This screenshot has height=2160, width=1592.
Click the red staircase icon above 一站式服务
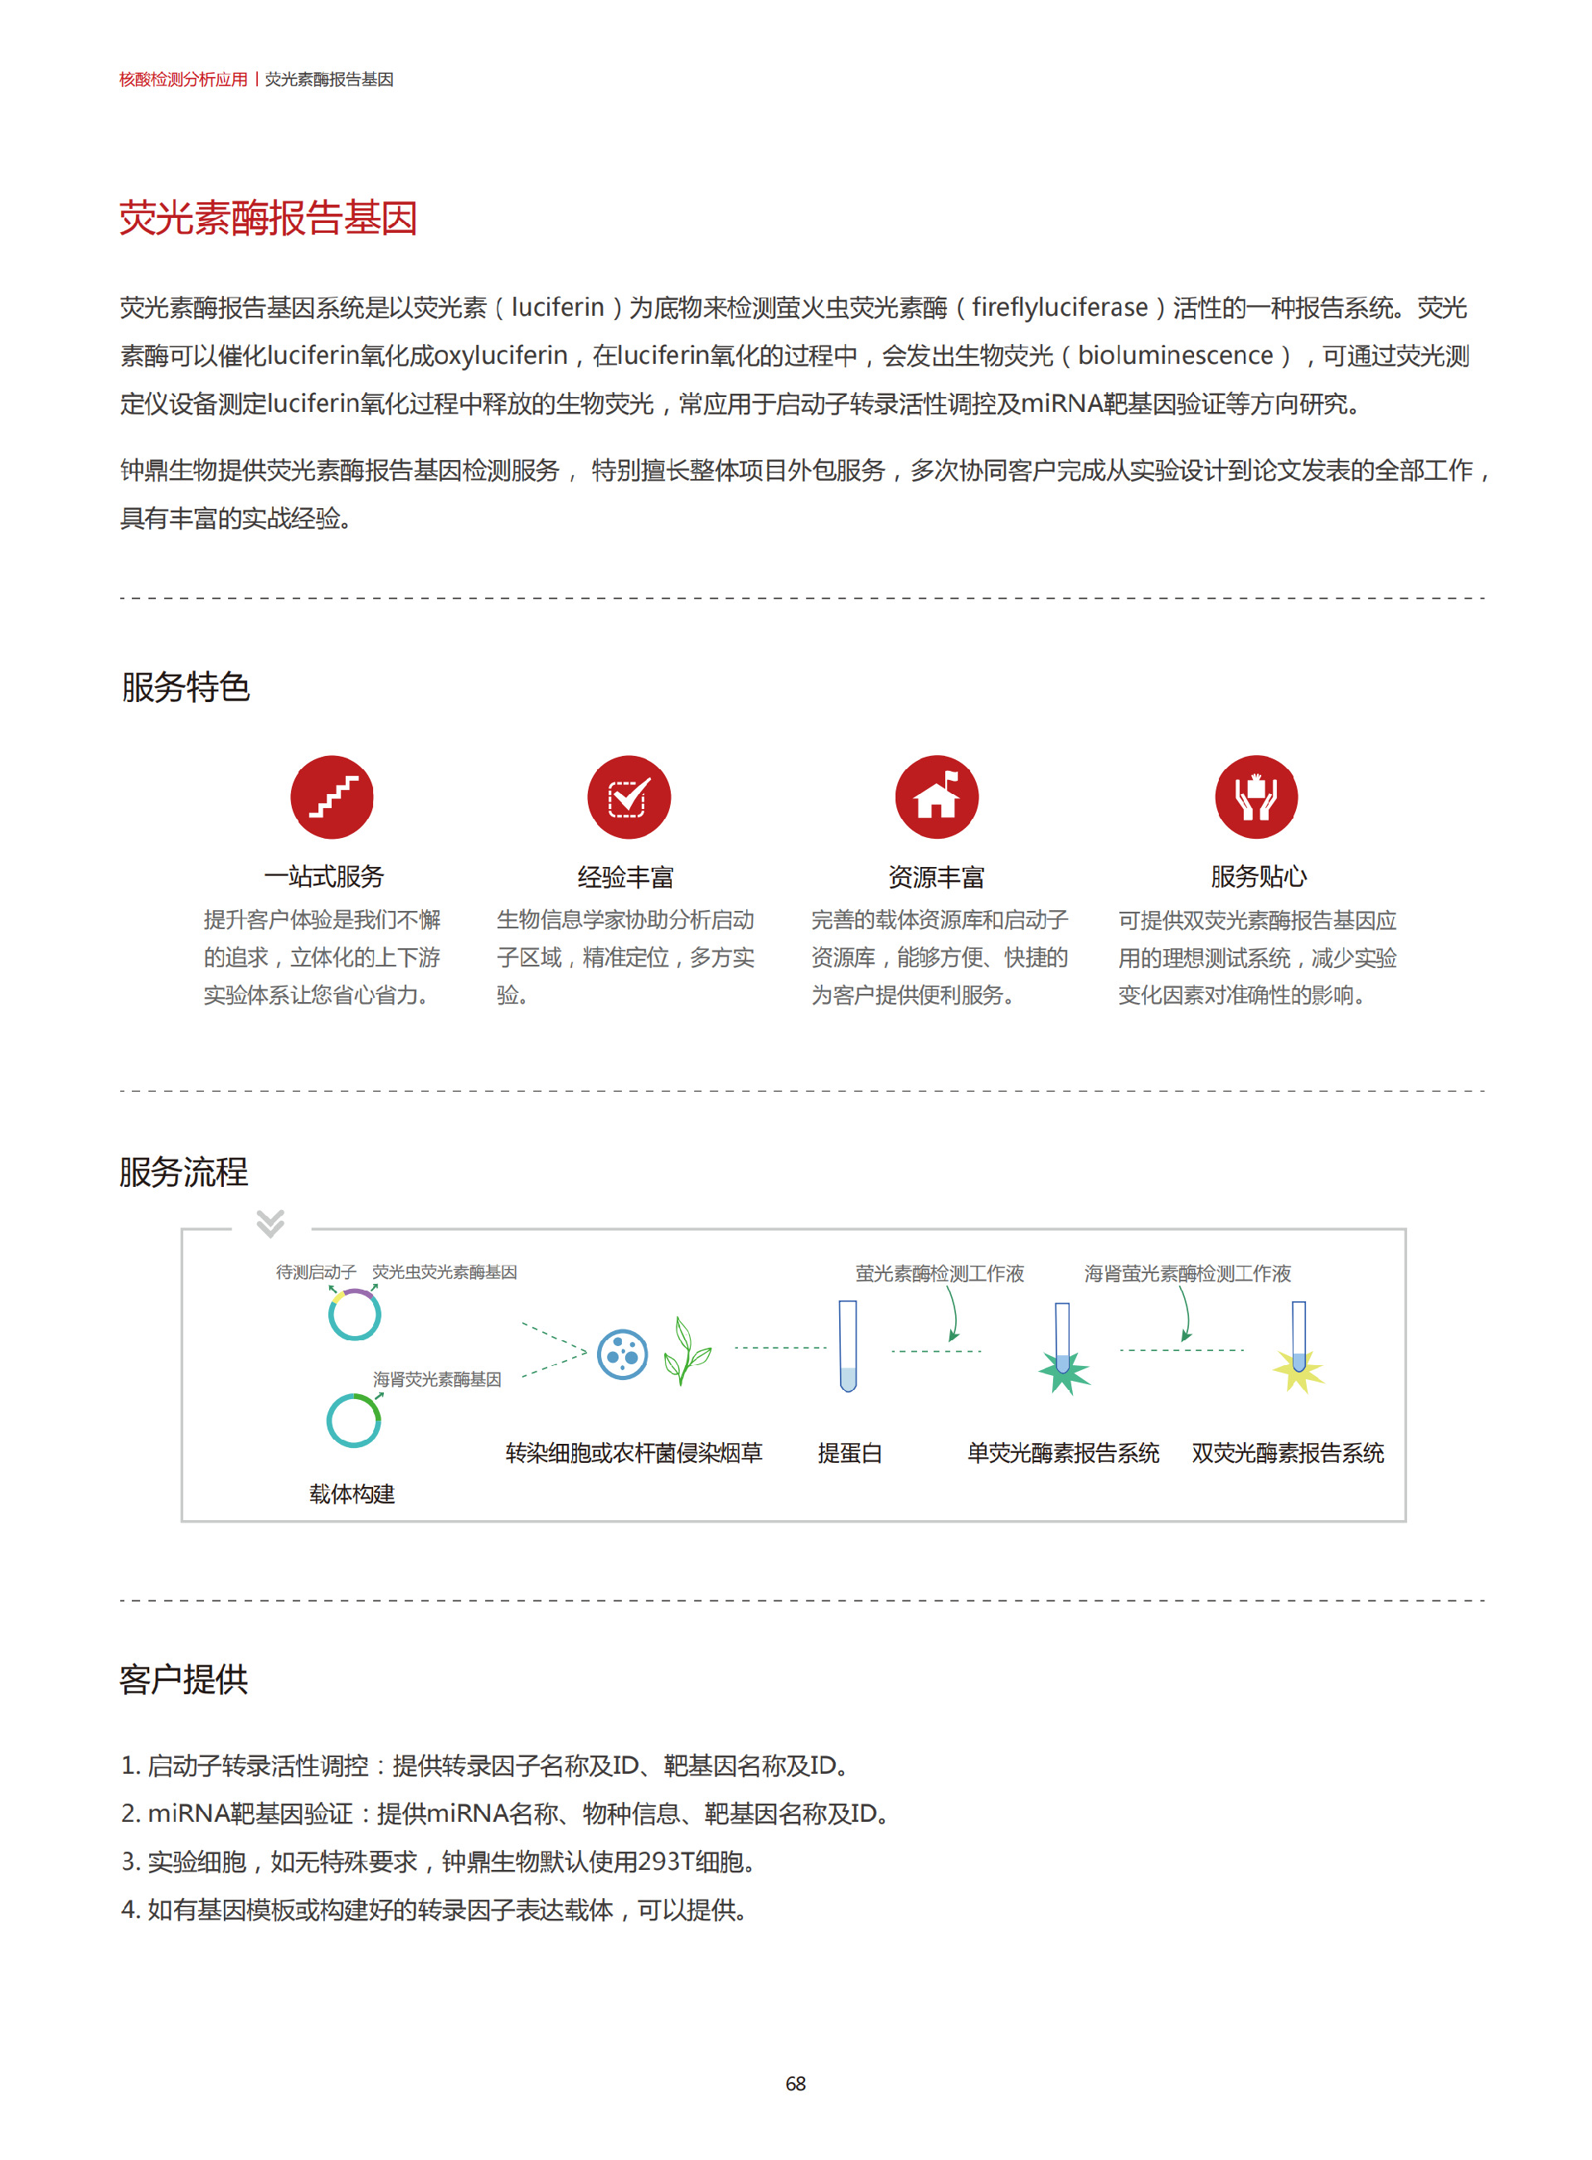pyautogui.click(x=332, y=797)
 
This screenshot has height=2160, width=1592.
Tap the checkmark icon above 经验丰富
pyautogui.click(x=629, y=797)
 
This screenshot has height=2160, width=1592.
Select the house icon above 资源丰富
pyautogui.click(x=936, y=797)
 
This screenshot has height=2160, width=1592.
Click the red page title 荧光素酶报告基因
pyautogui.click(x=268, y=218)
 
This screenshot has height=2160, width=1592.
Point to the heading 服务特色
pyautogui.click(x=185, y=687)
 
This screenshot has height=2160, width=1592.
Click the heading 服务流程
pyautogui.click(x=184, y=1171)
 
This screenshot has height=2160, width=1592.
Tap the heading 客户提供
pyautogui.click(x=184, y=1679)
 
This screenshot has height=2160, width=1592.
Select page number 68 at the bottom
pyautogui.click(x=795, y=2083)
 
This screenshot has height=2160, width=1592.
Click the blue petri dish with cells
pyautogui.click(x=623, y=1354)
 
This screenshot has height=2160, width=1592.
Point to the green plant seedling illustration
pyautogui.click(x=687, y=1351)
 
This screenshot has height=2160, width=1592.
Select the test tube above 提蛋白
pyautogui.click(x=847, y=1346)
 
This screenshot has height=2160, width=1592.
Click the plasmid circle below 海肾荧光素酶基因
pyautogui.click(x=354, y=1420)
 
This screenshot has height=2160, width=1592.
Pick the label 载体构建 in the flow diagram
pyautogui.click(x=352, y=1494)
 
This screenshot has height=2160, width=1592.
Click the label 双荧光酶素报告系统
pyautogui.click(x=1288, y=1452)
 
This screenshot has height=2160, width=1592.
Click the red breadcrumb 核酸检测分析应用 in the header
pyautogui.click(x=183, y=79)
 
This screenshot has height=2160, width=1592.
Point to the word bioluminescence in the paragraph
pyautogui.click(x=1175, y=356)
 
